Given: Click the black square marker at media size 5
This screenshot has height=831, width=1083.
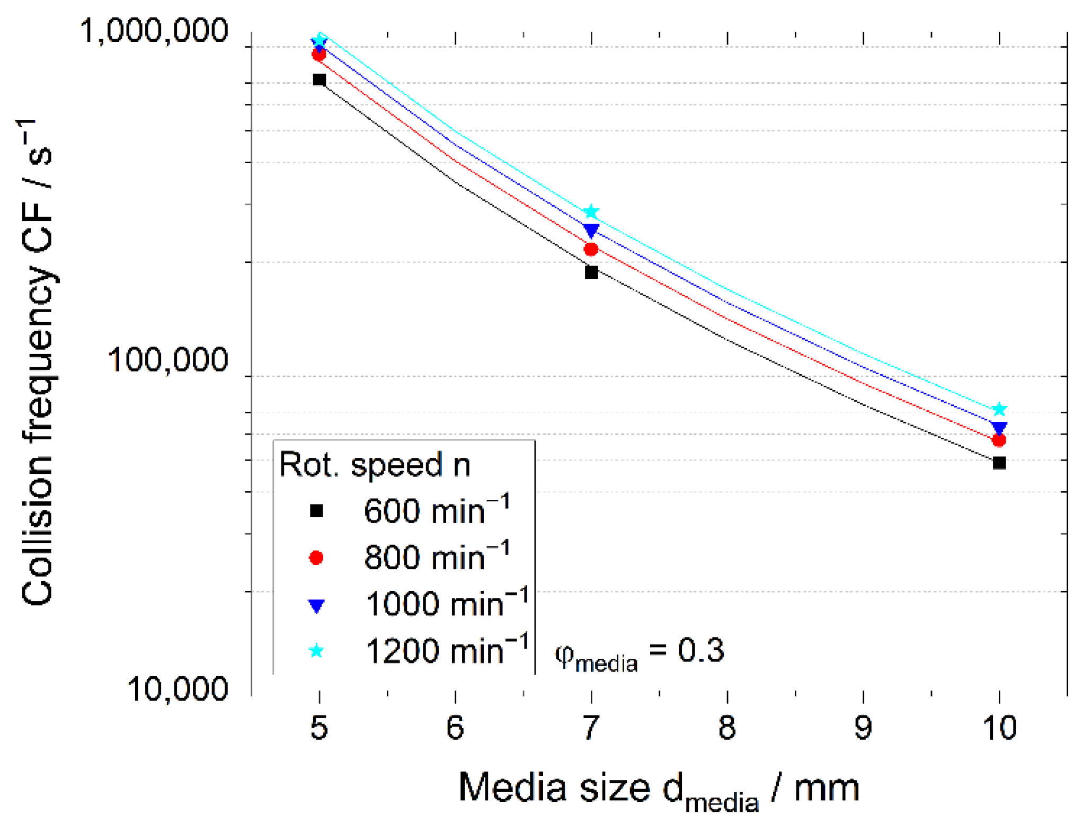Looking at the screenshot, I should tap(319, 80).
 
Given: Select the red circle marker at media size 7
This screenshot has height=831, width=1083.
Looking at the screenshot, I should tap(591, 249).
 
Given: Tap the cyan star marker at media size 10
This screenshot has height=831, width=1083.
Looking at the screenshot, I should tap(999, 409).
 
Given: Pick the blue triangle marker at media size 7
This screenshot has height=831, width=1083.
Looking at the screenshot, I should tap(591, 230).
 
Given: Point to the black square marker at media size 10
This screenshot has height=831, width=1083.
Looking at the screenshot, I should tap(999, 463).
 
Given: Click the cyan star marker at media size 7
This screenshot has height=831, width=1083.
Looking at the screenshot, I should tap(591, 212).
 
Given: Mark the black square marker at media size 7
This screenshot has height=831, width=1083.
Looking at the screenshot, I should tap(591, 272).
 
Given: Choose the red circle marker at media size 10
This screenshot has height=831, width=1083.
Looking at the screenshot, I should tap(999, 440).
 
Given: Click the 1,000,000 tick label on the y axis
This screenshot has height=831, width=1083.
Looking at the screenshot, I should tap(154, 31).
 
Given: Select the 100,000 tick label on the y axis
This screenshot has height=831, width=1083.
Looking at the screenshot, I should tap(168, 360).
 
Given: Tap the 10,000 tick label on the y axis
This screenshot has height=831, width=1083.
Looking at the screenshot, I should tap(177, 689).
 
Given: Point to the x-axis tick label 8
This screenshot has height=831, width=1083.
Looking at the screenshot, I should tap(727, 728).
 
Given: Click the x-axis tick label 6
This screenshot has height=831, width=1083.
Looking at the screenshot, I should tap(455, 728).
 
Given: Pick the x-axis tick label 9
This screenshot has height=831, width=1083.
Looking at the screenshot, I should tap(864, 728).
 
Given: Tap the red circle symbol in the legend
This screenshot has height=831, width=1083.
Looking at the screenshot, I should tap(316, 558).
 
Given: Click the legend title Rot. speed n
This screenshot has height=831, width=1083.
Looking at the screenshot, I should tap(375, 465).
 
